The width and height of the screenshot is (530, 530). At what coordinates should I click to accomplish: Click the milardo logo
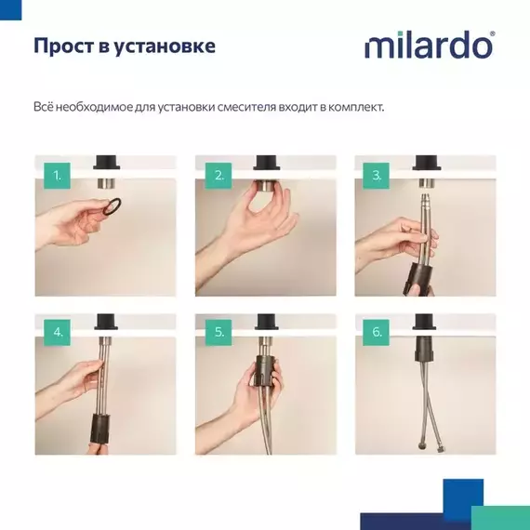coord(429,46)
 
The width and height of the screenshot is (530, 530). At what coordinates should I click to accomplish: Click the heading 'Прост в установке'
coord(125,46)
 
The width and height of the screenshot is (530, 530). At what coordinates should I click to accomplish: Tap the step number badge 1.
coord(57,175)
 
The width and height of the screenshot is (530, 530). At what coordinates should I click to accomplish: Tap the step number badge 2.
coord(219,175)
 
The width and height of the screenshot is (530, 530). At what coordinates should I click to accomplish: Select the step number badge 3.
coord(377,175)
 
